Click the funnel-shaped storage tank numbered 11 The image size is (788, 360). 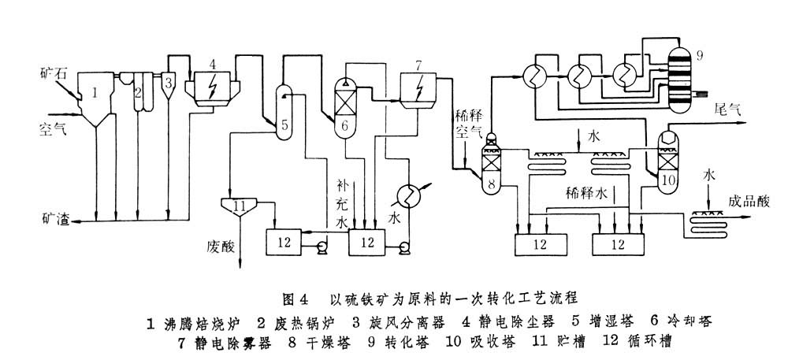[240, 206]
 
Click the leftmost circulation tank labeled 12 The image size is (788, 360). [284, 242]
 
